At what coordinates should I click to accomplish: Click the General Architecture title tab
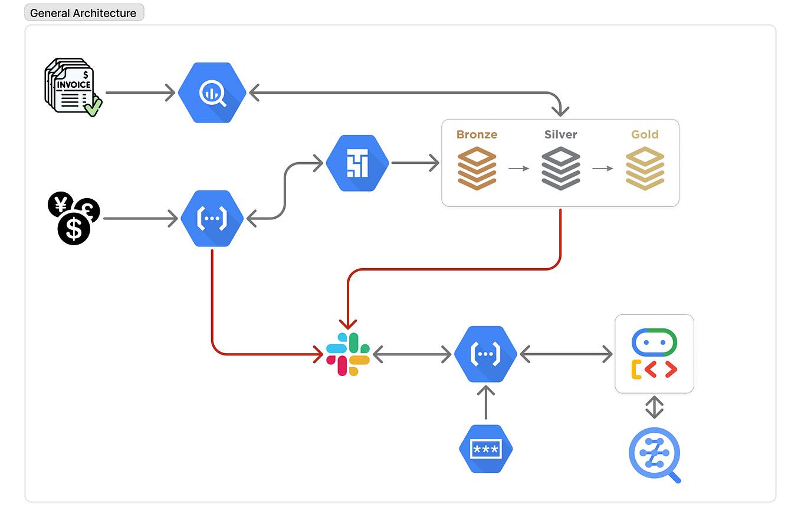pyautogui.click(x=84, y=13)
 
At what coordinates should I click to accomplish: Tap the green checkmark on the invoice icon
pyautogui.click(x=93, y=108)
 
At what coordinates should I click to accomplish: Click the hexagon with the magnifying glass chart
pyautogui.click(x=212, y=93)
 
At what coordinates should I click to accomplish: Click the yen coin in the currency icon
pyautogui.click(x=60, y=205)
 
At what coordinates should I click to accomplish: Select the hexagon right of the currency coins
pyautogui.click(x=212, y=219)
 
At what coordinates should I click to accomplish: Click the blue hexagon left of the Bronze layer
pyautogui.click(x=357, y=163)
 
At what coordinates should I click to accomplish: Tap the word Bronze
pyautogui.click(x=477, y=134)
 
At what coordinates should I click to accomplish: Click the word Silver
pyautogui.click(x=560, y=134)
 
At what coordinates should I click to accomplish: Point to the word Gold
pyautogui.click(x=645, y=134)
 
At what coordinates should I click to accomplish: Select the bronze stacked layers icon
pyautogui.click(x=477, y=169)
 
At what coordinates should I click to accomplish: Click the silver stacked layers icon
pyautogui.click(x=560, y=169)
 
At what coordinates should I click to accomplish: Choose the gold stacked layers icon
pyautogui.click(x=645, y=169)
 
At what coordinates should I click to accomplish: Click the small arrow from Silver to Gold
pyautogui.click(x=603, y=169)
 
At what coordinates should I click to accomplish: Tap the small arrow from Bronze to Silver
pyautogui.click(x=518, y=169)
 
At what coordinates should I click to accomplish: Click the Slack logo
pyautogui.click(x=348, y=354)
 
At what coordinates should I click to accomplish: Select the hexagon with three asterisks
pyautogui.click(x=485, y=449)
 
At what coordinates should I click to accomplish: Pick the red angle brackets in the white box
pyautogui.click(x=660, y=370)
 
